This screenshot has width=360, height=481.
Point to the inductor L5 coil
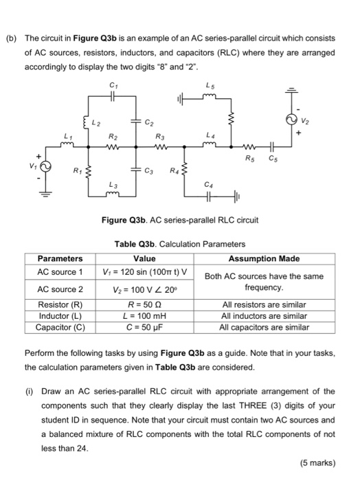click(x=210, y=97)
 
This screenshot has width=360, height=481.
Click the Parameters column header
click(x=59, y=259)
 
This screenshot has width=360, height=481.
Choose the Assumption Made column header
click(x=265, y=259)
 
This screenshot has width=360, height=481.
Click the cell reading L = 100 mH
click(x=144, y=315)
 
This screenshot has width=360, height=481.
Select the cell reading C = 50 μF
click(x=144, y=327)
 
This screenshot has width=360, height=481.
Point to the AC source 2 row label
click(x=60, y=289)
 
